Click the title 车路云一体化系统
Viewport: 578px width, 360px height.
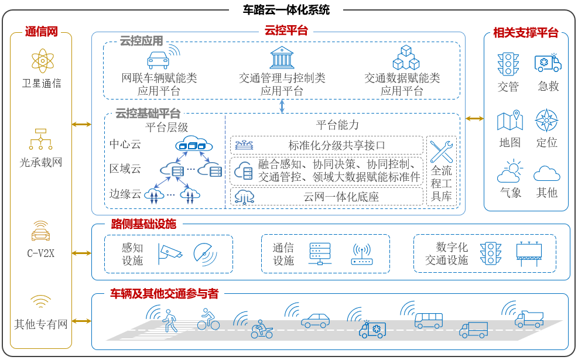286,9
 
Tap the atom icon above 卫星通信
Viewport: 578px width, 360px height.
42,61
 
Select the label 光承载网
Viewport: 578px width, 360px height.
41,163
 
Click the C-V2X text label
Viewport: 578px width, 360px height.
41,253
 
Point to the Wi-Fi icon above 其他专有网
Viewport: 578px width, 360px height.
40,301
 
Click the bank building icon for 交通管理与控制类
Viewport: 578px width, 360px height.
282,57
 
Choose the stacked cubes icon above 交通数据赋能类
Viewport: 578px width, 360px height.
406,57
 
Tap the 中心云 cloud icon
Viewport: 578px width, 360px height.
194,143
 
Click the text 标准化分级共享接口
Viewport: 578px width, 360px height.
337,146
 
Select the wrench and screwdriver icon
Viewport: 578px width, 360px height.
441,152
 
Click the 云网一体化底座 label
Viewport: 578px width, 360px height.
341,197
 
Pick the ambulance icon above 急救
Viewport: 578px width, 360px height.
548,63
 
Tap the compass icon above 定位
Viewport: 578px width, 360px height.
546,120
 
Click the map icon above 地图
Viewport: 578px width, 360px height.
510,120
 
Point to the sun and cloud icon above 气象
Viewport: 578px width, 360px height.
510,172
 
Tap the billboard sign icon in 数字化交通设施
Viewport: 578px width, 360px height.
529,254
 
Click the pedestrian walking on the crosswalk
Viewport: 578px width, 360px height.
170,320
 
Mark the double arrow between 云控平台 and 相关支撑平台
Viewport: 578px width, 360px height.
474,119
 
